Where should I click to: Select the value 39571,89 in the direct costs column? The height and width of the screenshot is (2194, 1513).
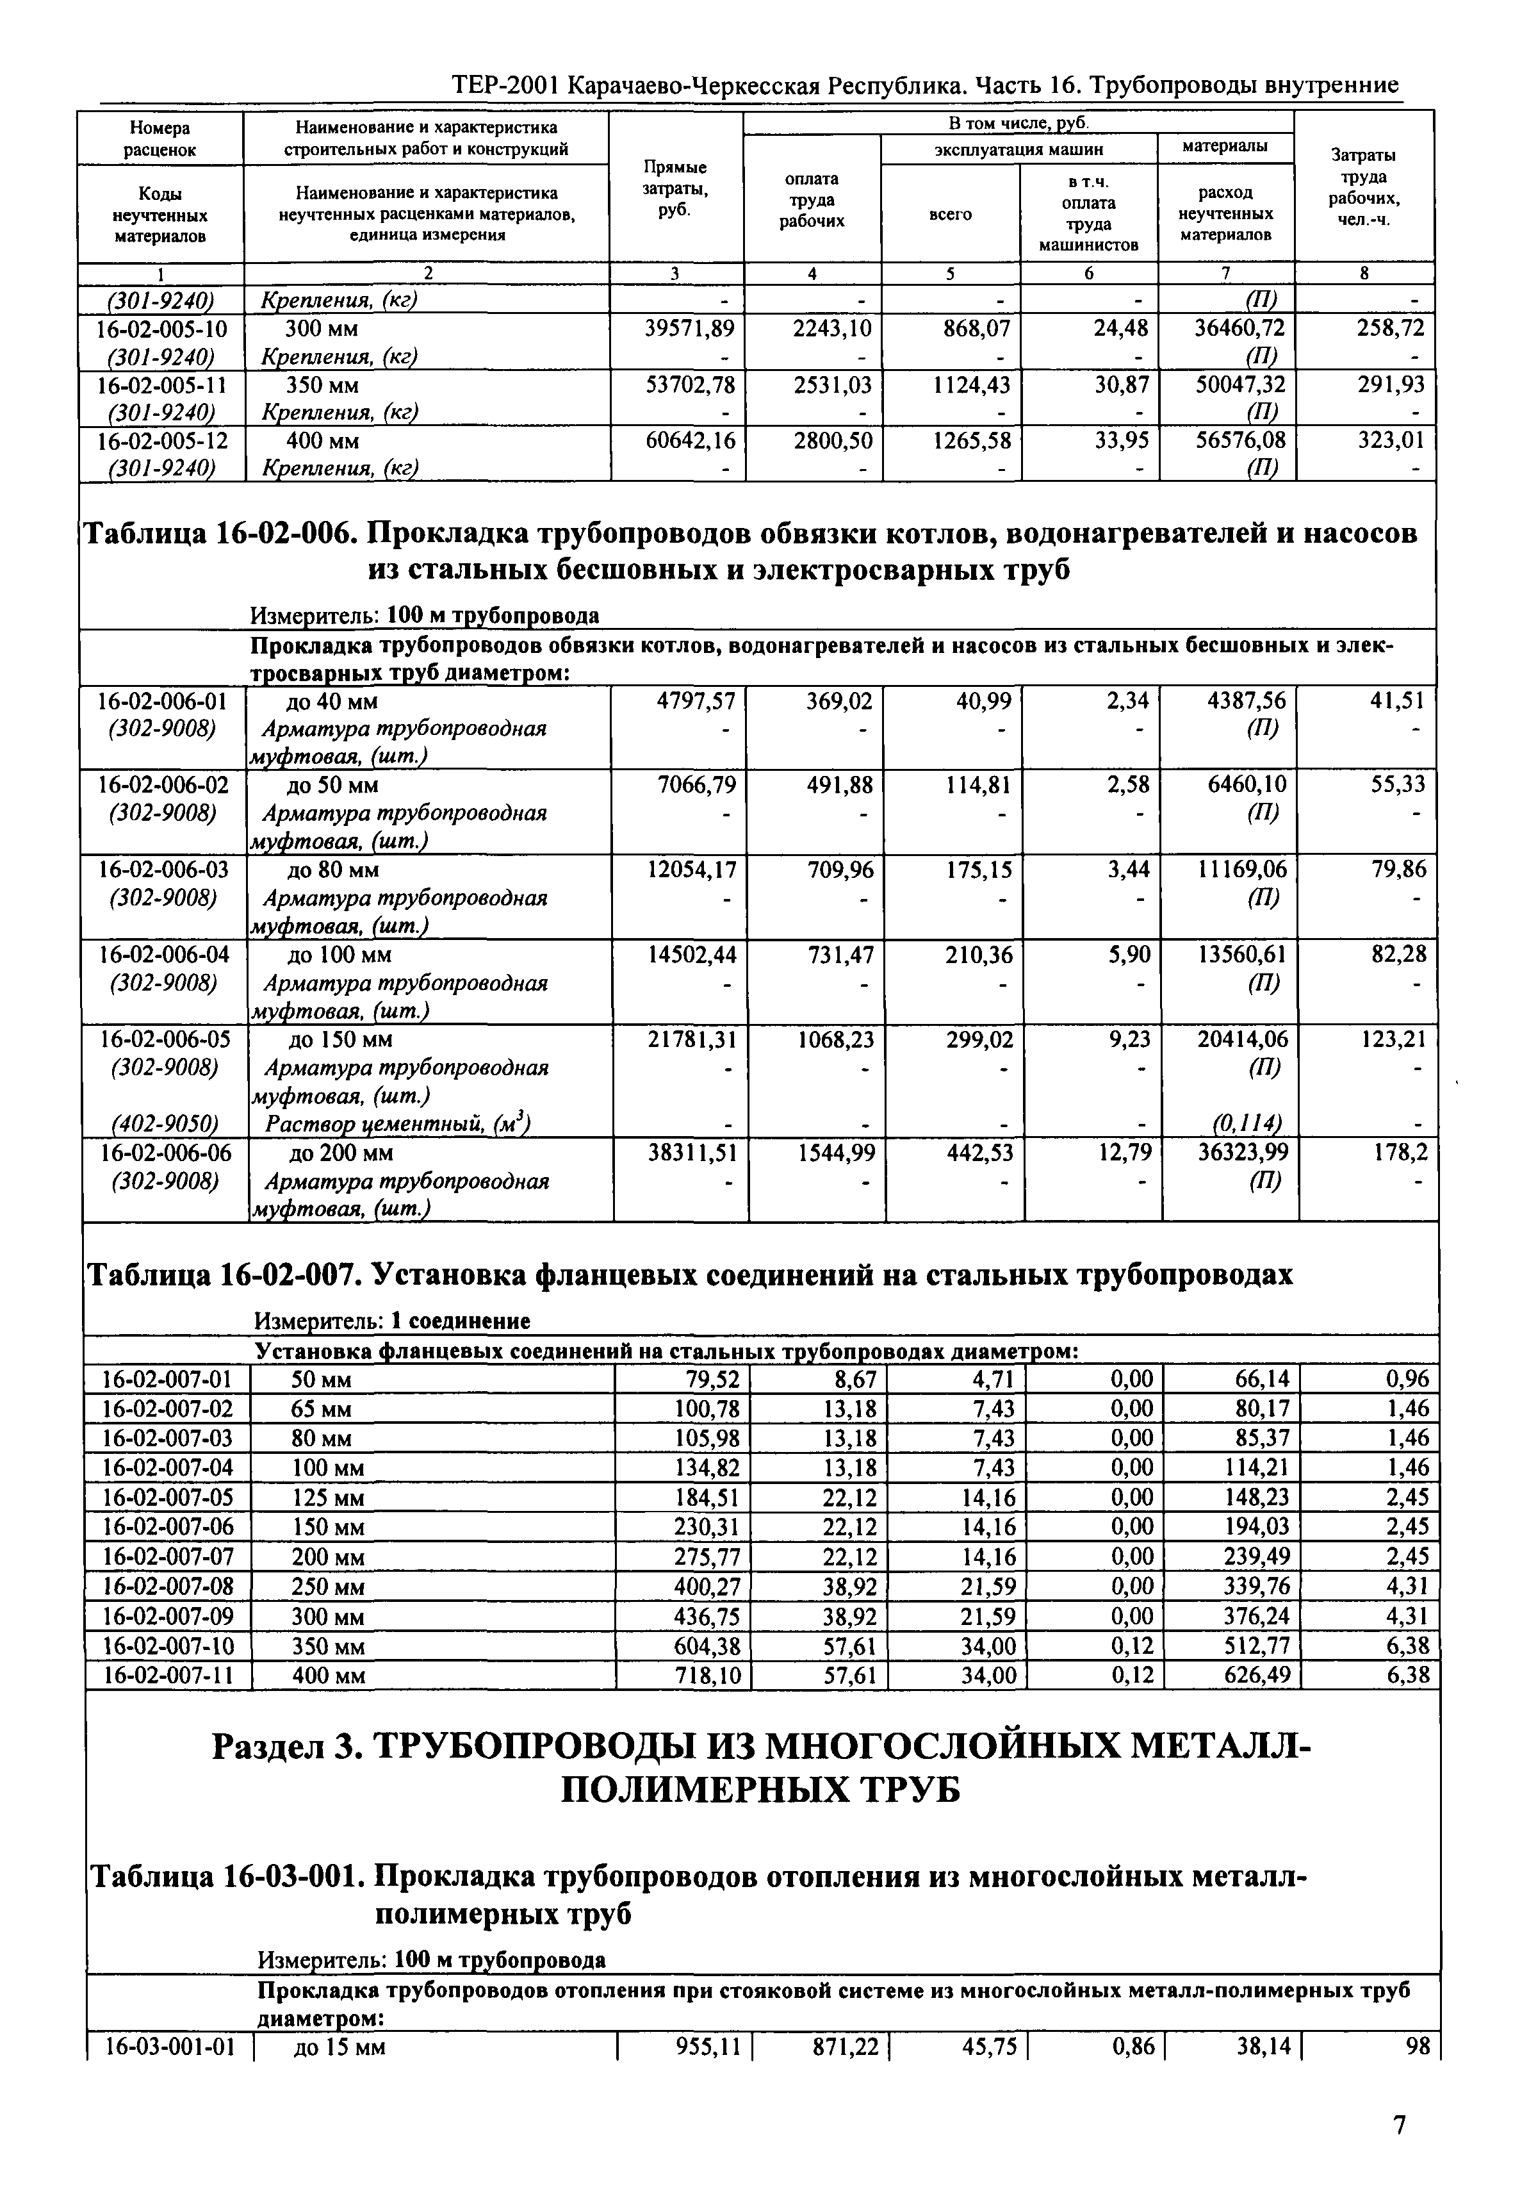tap(689, 329)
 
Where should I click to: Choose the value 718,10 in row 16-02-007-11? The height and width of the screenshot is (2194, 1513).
tap(705, 1676)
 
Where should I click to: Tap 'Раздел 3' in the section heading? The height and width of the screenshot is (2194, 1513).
tap(284, 1747)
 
